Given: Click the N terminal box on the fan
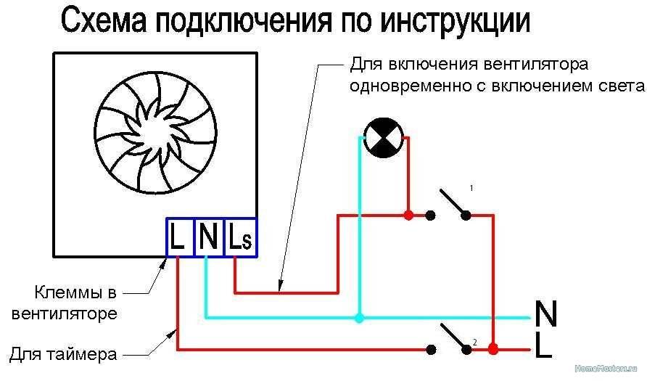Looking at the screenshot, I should [x=208, y=237].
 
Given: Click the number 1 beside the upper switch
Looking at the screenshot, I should [x=471, y=188].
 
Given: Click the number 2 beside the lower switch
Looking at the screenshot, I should [x=474, y=341].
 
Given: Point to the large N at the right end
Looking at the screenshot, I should [x=545, y=315].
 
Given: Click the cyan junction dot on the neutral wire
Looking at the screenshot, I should [x=359, y=317].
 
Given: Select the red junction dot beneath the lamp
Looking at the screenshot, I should [x=408, y=215].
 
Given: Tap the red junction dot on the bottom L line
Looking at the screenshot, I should [x=493, y=349].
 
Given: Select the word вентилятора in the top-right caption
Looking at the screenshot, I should [x=532, y=65].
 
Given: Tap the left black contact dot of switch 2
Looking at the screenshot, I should [x=432, y=349].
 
